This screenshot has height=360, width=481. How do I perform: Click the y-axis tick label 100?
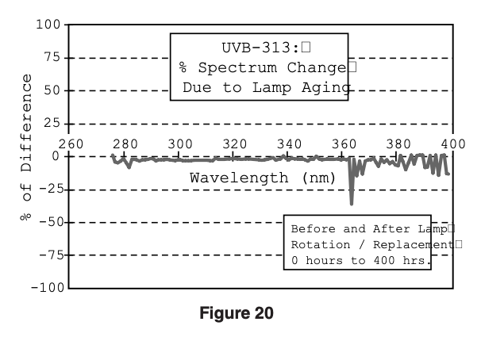pos(48,25)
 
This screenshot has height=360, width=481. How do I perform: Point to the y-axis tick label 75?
pos(52,58)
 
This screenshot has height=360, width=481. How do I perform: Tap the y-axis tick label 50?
pos(52,90)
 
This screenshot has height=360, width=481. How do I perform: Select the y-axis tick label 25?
pos(52,124)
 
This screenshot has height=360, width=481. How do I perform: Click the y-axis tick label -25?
pos(48,190)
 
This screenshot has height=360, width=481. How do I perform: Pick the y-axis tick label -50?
pos(48,223)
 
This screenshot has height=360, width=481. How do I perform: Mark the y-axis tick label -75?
pos(48,255)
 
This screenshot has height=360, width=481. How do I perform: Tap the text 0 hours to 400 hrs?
pos(360,259)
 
